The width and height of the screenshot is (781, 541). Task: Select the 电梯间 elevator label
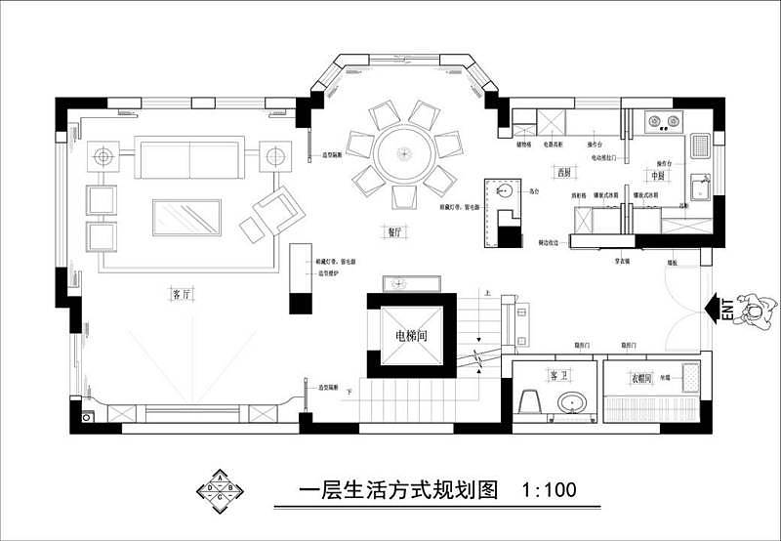coord(411,335)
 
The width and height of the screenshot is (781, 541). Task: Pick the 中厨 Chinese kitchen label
coord(657,175)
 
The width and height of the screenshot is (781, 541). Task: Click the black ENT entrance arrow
coord(718,308)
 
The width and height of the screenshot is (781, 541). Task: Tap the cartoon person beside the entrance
coord(756,308)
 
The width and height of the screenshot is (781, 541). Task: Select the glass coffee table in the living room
coord(187,217)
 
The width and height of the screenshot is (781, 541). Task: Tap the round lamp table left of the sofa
coord(103,155)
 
